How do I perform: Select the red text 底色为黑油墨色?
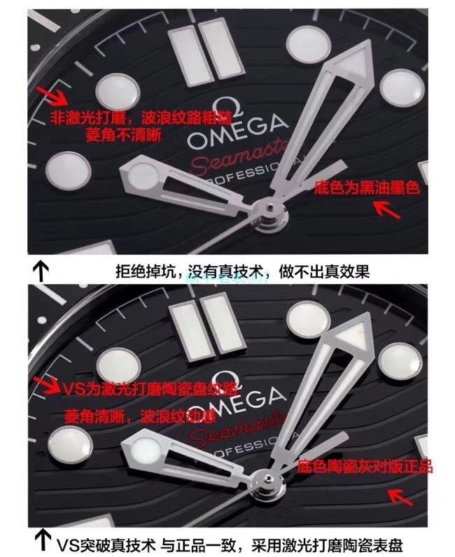(366, 188)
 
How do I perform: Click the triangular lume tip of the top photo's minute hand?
(351, 62)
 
